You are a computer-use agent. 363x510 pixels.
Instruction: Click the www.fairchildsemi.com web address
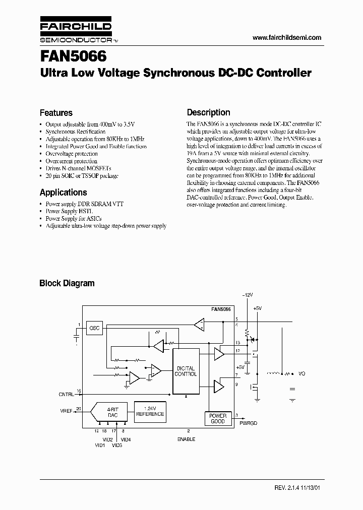[x=286, y=38]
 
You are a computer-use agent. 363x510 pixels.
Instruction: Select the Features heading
[x=56, y=113]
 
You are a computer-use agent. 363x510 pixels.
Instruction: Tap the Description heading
[x=208, y=112]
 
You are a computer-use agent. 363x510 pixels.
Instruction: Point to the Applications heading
[x=63, y=192]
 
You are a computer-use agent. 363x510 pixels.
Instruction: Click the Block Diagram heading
[x=67, y=283]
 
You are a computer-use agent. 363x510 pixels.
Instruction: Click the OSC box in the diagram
[x=94, y=328]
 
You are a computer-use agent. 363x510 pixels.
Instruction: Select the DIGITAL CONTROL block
[x=185, y=371]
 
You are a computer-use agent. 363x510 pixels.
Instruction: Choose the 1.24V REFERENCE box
[x=150, y=411]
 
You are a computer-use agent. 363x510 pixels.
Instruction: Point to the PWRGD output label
[x=249, y=424]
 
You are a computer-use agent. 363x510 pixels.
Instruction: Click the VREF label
[x=66, y=411]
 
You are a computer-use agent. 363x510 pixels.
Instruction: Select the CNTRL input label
[x=66, y=394]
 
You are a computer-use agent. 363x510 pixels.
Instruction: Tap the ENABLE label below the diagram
[x=186, y=439]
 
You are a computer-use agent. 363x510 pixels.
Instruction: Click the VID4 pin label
[x=126, y=439]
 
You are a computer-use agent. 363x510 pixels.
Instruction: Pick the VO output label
[x=302, y=373]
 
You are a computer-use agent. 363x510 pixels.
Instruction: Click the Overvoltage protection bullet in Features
[x=72, y=154]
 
